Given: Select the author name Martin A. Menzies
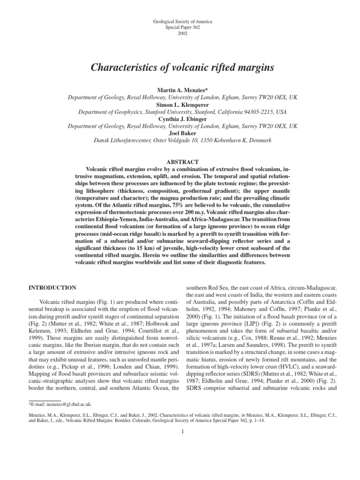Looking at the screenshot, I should [180, 90].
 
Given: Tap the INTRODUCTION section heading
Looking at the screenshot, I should [53, 287].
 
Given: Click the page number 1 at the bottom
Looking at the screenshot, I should [180, 432].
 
